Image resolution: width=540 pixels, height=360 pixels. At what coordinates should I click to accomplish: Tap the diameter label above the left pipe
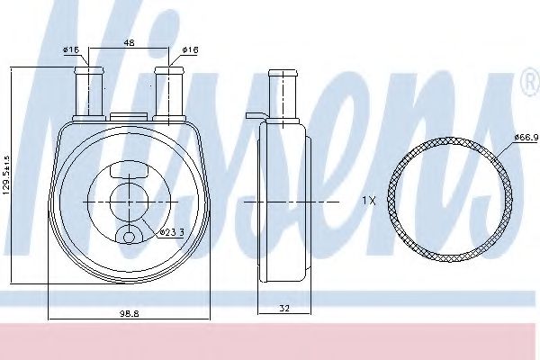(x=72, y=49)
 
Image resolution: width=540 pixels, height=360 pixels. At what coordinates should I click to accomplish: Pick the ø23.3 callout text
(x=171, y=232)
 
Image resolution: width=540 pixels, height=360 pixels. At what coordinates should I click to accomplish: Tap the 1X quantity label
(x=368, y=202)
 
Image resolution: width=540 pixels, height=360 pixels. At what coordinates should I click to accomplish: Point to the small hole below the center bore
(x=129, y=237)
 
